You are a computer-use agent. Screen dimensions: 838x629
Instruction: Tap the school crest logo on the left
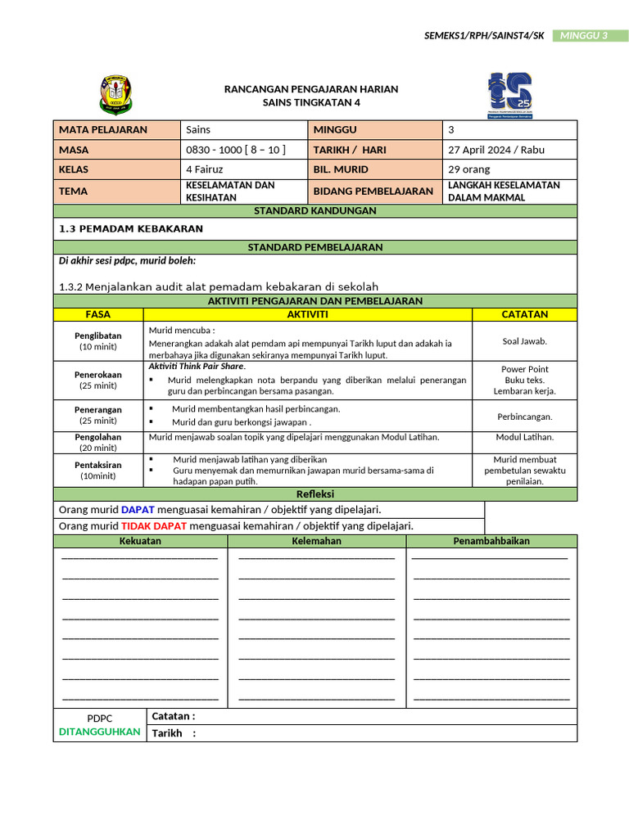pyautogui.click(x=115, y=95)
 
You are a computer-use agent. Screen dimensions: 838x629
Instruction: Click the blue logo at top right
pyautogui.click(x=509, y=95)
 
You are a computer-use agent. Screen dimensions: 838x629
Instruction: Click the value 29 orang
pyautogui.click(x=470, y=169)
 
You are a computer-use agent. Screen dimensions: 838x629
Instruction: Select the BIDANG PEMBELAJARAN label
pyautogui.click(x=373, y=191)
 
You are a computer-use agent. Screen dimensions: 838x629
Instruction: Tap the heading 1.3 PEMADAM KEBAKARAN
pyautogui.click(x=131, y=229)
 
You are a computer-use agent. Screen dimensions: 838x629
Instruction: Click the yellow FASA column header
pyautogui.click(x=98, y=314)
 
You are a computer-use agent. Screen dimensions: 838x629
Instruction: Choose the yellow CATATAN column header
pyautogui.click(x=524, y=314)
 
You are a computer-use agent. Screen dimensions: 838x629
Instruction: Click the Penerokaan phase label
pyautogui.click(x=98, y=380)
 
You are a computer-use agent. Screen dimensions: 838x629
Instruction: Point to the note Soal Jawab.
pyautogui.click(x=524, y=341)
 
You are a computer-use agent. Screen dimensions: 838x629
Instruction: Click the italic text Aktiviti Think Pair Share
pyautogui.click(x=197, y=366)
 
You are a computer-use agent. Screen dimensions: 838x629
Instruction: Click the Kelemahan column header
pyautogui.click(x=316, y=541)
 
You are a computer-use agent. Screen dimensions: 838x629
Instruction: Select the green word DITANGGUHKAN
pyautogui.click(x=100, y=732)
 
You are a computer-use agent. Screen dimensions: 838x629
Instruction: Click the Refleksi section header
pyautogui.click(x=315, y=494)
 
